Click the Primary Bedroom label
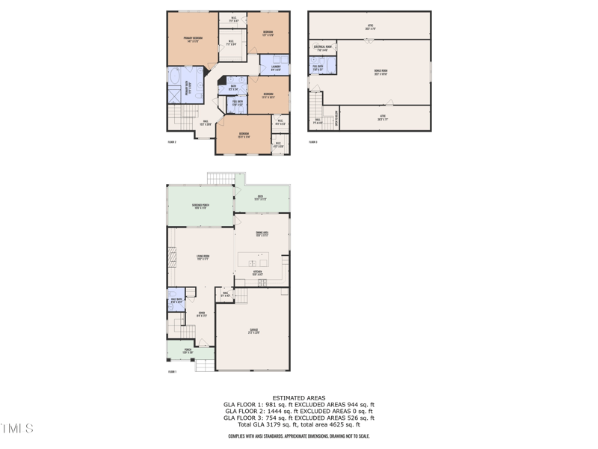(192, 38)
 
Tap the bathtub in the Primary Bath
(176, 78)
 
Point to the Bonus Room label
(380, 73)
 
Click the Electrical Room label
(323, 49)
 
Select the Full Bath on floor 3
(318, 67)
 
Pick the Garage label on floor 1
(253, 332)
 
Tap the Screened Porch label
(200, 206)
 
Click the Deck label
(261, 198)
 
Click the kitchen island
(258, 260)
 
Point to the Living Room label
(203, 257)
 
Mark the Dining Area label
(262, 233)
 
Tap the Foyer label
(201, 314)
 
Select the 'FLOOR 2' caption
(171, 141)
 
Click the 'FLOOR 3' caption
(312, 141)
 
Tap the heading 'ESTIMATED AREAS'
(299, 398)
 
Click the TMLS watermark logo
(17, 429)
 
